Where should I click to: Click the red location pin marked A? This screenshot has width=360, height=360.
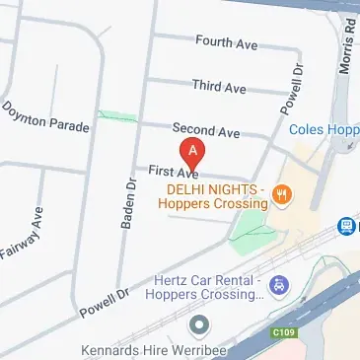[x=193, y=153]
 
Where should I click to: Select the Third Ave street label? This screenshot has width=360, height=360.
[x=219, y=88]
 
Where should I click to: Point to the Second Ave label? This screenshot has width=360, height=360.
[x=206, y=130]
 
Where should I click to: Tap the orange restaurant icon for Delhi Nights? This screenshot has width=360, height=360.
[x=282, y=194]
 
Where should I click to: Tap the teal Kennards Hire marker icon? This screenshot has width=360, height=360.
[x=201, y=324]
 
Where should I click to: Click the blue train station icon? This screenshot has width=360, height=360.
[x=346, y=227]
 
